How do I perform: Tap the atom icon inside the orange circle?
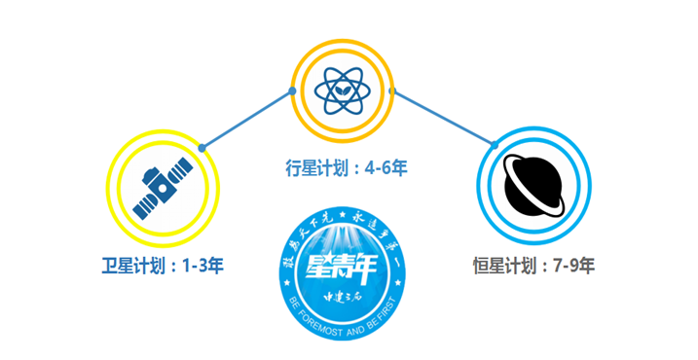click(342, 90)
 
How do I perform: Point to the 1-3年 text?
click(202, 264)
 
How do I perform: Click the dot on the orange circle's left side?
click(292, 91)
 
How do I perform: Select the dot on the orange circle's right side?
click(392, 90)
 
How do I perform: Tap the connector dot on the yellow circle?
click(202, 147)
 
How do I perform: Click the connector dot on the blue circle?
click(494, 146)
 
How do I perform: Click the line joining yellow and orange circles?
click(247, 119)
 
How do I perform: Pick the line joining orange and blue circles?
click(443, 118)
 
